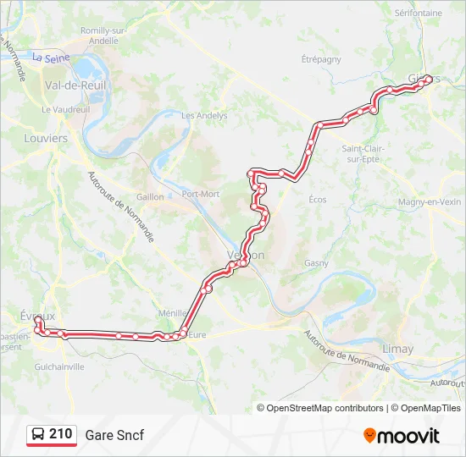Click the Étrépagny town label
[x=321, y=59]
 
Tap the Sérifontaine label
[x=419, y=14]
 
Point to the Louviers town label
[x=46, y=137]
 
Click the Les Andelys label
[x=204, y=115]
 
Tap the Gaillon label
[x=150, y=196]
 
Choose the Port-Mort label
[x=200, y=194]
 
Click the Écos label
[x=318, y=200]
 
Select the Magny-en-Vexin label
[x=430, y=201]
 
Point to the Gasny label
[x=317, y=263]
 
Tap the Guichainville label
[x=59, y=367]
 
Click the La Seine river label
[x=50, y=58]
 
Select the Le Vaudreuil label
[x=65, y=110]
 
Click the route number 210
[x=60, y=434]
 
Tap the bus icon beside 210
[x=38, y=435]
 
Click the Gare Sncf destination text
[x=114, y=435]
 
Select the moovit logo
[x=402, y=435]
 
